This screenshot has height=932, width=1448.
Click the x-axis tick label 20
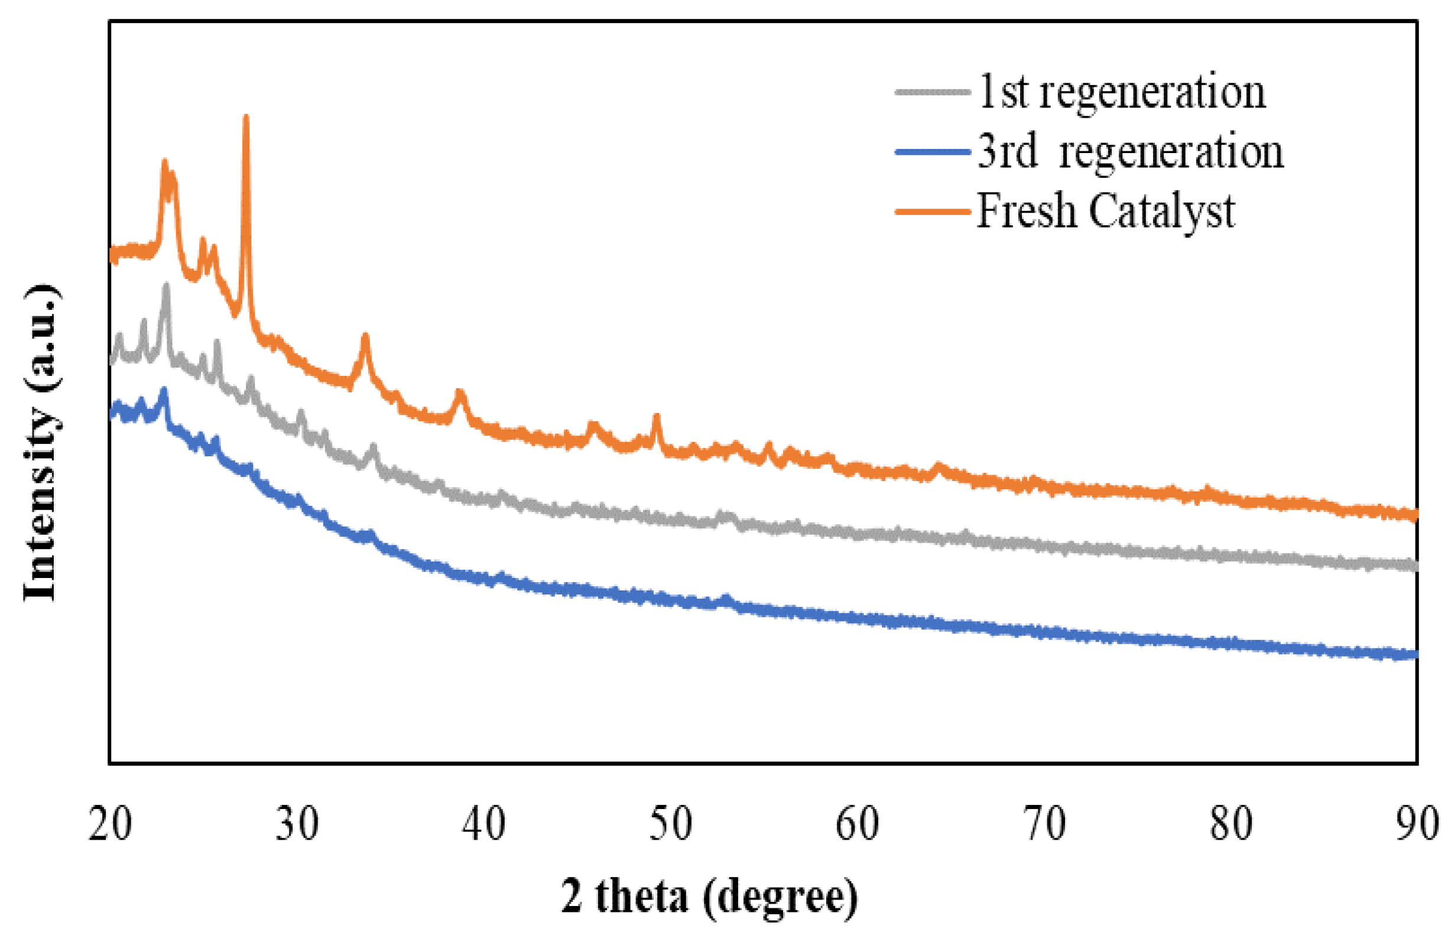(109, 824)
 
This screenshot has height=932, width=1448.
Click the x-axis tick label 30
(297, 824)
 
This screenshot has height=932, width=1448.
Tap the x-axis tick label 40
(483, 824)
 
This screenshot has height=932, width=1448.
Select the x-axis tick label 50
(670, 824)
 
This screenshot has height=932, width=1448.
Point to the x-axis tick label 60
(858, 824)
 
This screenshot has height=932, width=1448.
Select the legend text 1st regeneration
(1121, 92)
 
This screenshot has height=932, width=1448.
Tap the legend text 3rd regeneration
(1129, 151)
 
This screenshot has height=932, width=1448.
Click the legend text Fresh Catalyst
(1106, 211)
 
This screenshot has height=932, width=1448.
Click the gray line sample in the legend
(933, 92)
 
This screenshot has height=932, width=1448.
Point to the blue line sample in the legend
(933, 152)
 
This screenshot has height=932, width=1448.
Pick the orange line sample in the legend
(933, 211)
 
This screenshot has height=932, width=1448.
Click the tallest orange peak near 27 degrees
(246, 119)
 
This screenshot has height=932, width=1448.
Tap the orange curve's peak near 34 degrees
(365, 336)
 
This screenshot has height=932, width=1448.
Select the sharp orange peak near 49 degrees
(656, 417)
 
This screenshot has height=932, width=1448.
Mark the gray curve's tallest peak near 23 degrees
(166, 285)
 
